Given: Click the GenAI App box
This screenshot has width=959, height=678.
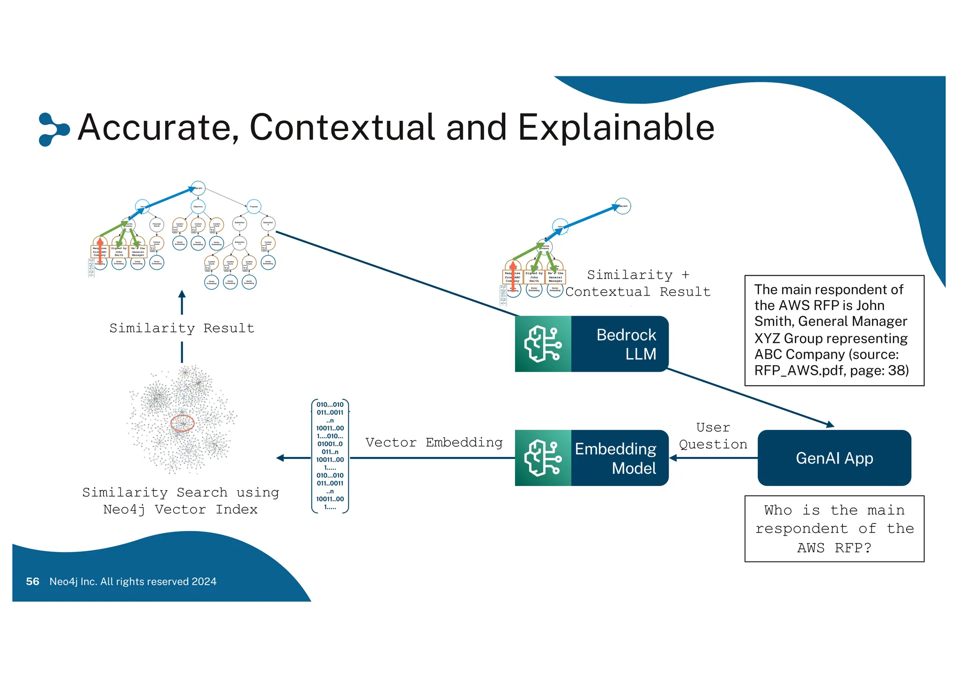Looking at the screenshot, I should pyautogui.click(x=834, y=458).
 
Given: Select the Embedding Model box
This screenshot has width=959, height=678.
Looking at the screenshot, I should pyautogui.click(x=591, y=458).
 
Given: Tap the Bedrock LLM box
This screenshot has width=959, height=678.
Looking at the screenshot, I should pyautogui.click(x=591, y=344).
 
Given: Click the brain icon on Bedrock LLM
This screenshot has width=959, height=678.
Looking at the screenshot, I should pyautogui.click(x=543, y=344).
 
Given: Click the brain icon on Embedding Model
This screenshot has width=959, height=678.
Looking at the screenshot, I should pyautogui.click(x=543, y=458).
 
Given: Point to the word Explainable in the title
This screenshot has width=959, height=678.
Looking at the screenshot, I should pyautogui.click(x=616, y=127).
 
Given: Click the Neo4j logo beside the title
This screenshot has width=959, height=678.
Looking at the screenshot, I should pyautogui.click(x=53, y=129).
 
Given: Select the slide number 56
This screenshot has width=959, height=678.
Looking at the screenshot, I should pyautogui.click(x=32, y=582).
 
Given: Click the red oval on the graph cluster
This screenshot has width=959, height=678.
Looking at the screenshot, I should pyautogui.click(x=182, y=423).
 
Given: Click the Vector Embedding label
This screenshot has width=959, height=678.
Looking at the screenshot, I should pyautogui.click(x=434, y=442).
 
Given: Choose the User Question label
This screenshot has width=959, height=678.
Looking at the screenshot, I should pyautogui.click(x=713, y=436).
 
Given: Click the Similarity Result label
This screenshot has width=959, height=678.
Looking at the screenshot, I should pyautogui.click(x=182, y=328).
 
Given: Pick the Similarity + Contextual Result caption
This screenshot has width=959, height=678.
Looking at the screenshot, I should pyautogui.click(x=638, y=283).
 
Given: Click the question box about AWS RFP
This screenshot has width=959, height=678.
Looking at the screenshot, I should pyautogui.click(x=834, y=529).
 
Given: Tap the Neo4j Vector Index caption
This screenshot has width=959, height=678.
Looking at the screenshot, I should pyautogui.click(x=180, y=509).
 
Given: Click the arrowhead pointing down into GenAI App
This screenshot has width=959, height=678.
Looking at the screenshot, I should pyautogui.click(x=830, y=425).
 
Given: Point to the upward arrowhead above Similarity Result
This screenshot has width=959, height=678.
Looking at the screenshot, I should pyautogui.click(x=182, y=295).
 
